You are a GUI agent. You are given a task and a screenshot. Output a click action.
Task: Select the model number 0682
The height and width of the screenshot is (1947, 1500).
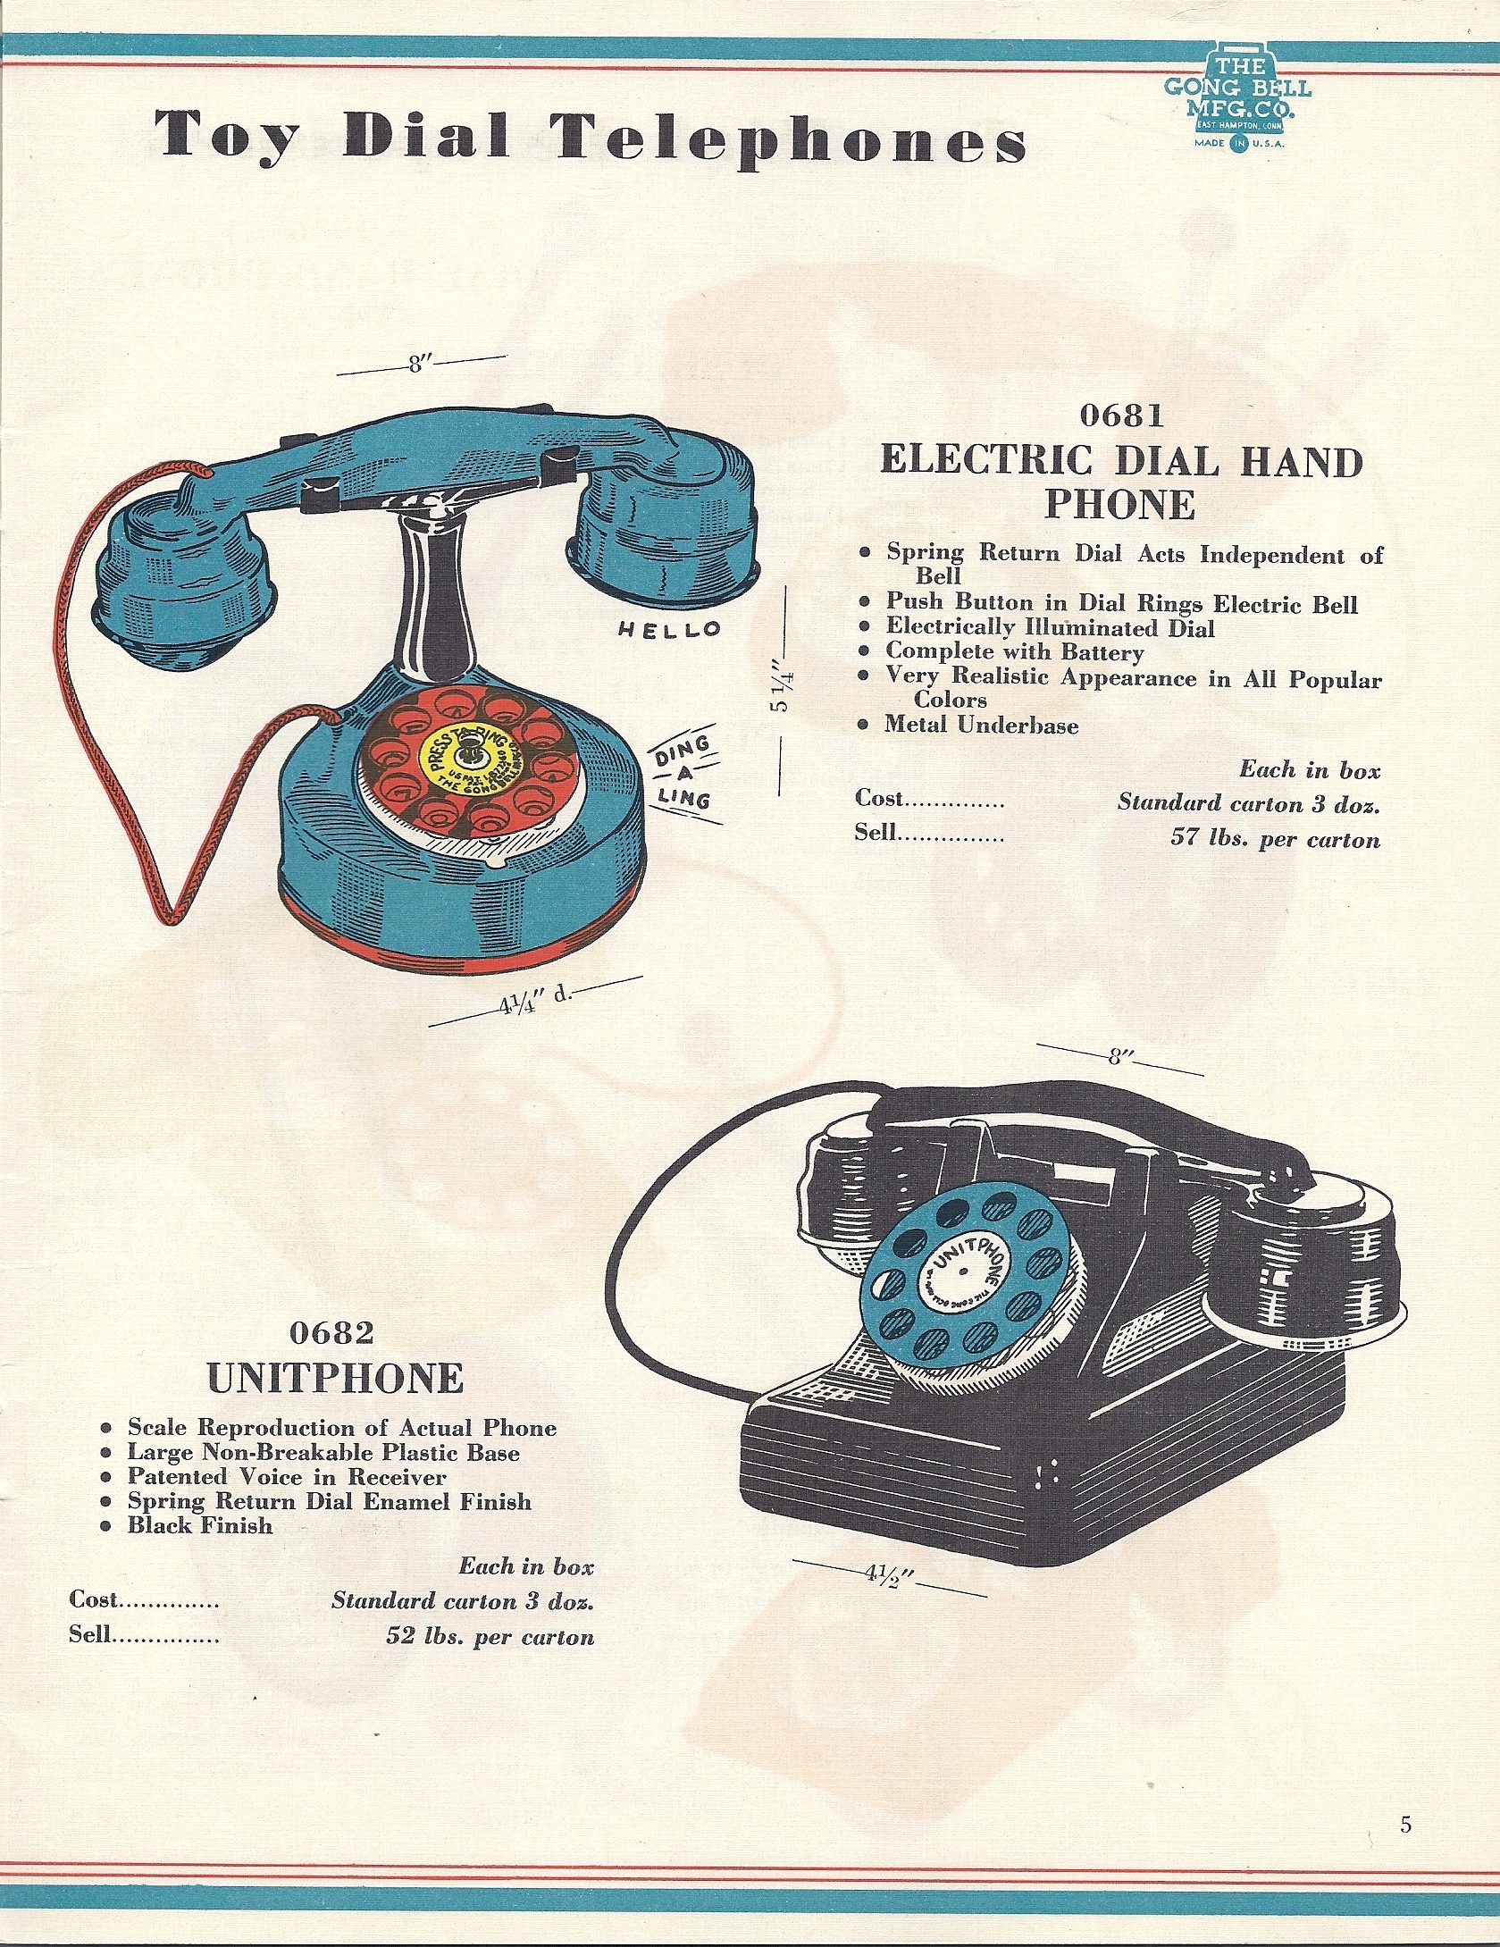(x=331, y=1333)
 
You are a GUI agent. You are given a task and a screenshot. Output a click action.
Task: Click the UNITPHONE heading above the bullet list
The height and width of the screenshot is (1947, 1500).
(x=335, y=1379)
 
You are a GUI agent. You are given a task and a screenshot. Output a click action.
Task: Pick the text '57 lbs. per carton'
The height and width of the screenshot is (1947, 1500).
(x=1275, y=839)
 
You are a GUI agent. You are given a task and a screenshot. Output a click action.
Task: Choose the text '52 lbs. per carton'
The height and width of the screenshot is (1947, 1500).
(x=490, y=1636)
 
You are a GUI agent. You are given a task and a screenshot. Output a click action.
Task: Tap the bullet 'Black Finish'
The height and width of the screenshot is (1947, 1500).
(x=199, y=1524)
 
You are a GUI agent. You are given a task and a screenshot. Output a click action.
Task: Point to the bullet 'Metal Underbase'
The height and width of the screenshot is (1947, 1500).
(x=981, y=725)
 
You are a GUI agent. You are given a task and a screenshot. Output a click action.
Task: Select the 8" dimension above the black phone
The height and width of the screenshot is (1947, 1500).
(x=1115, y=1058)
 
